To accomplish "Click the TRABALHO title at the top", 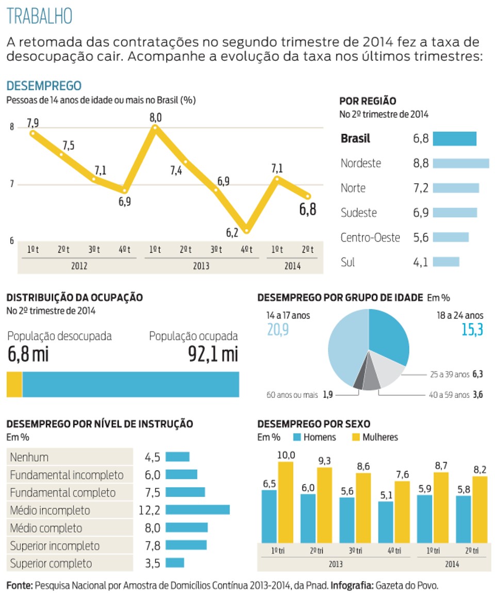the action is (39, 16).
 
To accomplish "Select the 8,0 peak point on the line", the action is (155, 128).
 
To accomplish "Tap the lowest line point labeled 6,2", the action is (246, 230).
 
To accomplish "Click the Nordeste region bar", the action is (461, 164).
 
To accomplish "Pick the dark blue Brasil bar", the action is (455, 138).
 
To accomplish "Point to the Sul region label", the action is (348, 262).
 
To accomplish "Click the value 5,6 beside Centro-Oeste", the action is (421, 237).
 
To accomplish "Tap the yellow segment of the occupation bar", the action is (14, 384).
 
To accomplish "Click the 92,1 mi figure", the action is (213, 354).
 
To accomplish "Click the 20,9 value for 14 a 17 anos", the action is (278, 330).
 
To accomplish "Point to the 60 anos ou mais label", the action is (292, 395).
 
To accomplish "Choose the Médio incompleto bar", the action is (197, 510).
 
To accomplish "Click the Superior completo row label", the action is (51, 564).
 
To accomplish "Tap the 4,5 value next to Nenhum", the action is (153, 457).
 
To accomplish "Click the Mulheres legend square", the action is (356, 437).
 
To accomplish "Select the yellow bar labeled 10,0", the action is (286, 502).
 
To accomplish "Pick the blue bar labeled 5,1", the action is (386, 522).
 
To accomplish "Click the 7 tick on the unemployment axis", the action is (12, 184).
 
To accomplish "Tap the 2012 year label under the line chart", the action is (79, 266).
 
